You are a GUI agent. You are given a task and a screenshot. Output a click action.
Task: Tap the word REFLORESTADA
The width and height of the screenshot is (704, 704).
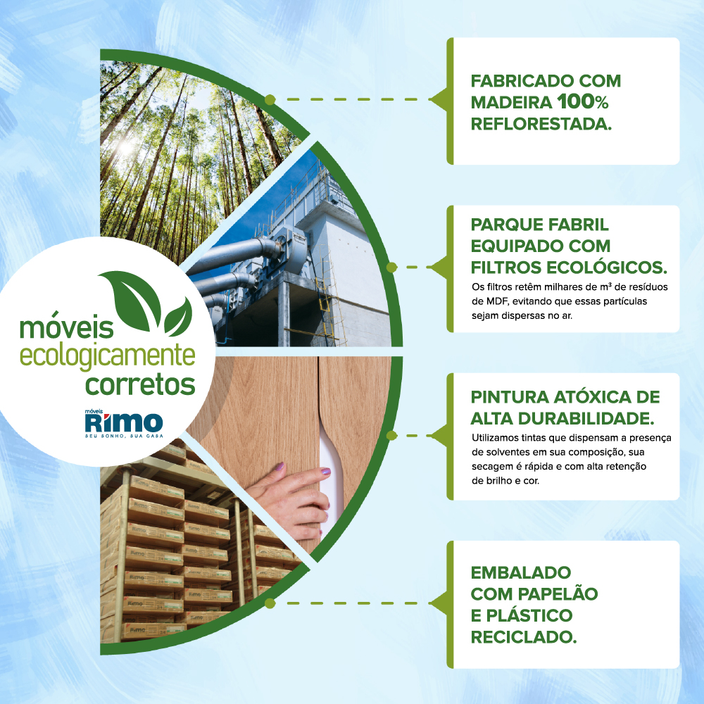pos(541,124)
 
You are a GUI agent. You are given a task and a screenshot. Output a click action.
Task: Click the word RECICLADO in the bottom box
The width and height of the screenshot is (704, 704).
pos(524,637)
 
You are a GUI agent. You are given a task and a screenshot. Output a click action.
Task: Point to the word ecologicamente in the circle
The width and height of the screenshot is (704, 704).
pos(107,356)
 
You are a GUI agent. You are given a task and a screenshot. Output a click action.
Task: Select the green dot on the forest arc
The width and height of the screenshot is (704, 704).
pos(270,100)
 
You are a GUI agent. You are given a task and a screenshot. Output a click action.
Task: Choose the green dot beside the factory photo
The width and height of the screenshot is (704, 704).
pos(391,268)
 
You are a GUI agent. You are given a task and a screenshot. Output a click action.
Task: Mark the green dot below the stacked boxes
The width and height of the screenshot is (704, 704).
pos(270,603)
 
